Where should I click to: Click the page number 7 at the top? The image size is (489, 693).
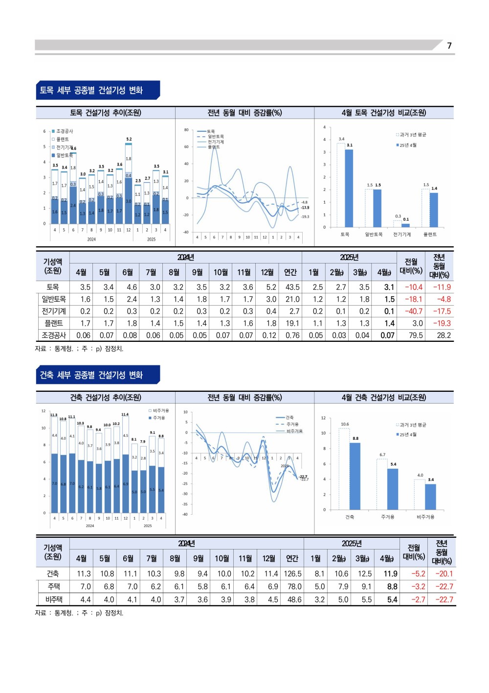(x=449, y=46)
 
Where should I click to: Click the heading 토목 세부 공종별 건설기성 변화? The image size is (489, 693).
(x=91, y=90)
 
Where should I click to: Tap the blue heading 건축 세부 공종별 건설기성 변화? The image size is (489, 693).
(x=91, y=375)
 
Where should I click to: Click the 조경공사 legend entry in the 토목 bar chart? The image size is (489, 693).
(x=64, y=131)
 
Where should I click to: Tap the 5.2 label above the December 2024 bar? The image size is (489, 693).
(x=129, y=139)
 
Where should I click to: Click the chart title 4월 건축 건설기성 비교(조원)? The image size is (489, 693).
(x=383, y=397)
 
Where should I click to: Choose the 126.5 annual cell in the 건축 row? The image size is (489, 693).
(x=292, y=574)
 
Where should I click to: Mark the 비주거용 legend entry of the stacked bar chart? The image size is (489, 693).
(x=160, y=410)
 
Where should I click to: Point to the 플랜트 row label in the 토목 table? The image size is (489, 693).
(x=53, y=323)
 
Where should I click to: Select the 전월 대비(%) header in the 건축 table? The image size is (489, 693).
(x=413, y=552)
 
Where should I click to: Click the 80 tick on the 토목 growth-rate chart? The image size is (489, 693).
(x=186, y=130)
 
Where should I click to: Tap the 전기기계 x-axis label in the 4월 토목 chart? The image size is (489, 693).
(x=401, y=235)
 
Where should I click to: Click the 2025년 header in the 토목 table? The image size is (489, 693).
(x=349, y=257)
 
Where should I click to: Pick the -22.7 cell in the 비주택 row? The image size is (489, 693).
(x=444, y=599)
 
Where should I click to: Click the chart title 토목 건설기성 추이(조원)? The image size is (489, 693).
(x=105, y=113)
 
